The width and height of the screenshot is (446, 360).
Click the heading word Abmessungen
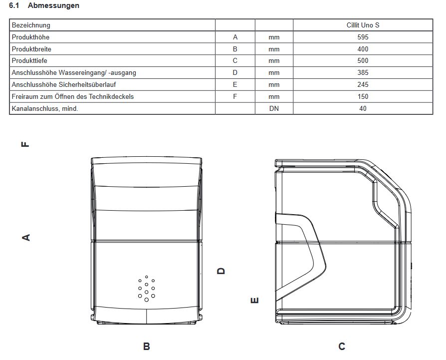(x=53, y=5)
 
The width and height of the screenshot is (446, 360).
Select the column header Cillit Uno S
(x=363, y=25)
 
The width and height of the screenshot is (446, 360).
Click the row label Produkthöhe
(x=30, y=37)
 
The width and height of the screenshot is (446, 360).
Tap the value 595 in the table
(x=363, y=37)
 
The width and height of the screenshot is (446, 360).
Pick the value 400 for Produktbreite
(x=363, y=49)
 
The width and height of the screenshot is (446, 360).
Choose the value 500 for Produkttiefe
(x=363, y=60)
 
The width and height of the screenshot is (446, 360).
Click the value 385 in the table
(x=363, y=72)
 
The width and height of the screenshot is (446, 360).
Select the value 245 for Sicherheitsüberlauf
(x=363, y=84)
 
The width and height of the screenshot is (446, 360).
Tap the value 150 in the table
(x=363, y=96)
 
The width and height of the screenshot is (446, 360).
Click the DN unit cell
(x=274, y=108)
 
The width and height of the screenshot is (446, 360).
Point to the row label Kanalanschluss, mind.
(x=45, y=108)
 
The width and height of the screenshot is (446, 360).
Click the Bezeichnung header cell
(x=31, y=25)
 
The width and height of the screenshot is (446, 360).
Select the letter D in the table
(x=235, y=72)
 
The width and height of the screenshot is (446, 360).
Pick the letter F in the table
(x=235, y=96)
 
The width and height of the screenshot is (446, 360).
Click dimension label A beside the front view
(x=26, y=237)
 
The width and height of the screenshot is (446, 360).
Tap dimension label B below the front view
(x=147, y=346)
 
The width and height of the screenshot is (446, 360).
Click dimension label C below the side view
(x=342, y=346)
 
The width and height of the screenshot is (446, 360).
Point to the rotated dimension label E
(x=254, y=300)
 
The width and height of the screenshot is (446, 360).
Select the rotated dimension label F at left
(x=25, y=144)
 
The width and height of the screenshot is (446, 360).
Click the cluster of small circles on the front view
(x=146, y=289)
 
